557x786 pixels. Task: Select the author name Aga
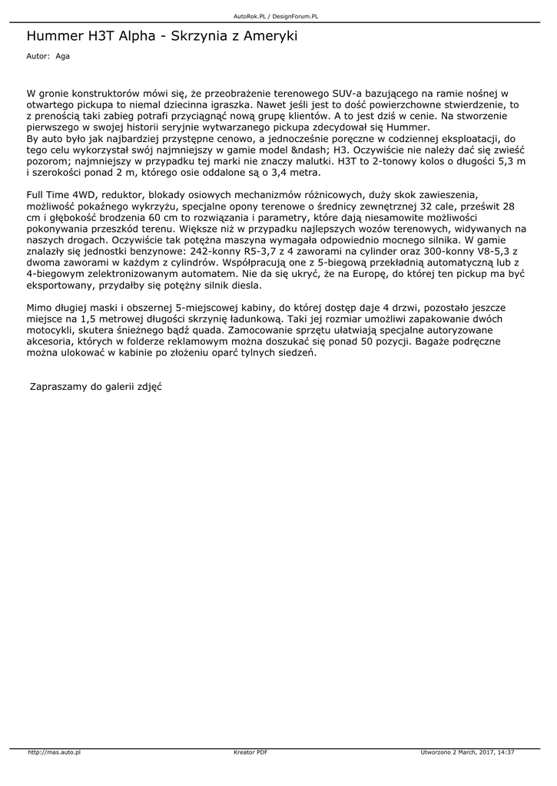point(62,56)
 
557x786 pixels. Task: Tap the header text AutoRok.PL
point(249,15)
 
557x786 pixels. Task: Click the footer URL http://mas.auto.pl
point(55,752)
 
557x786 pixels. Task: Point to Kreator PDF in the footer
point(250,752)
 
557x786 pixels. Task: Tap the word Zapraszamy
point(58,388)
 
